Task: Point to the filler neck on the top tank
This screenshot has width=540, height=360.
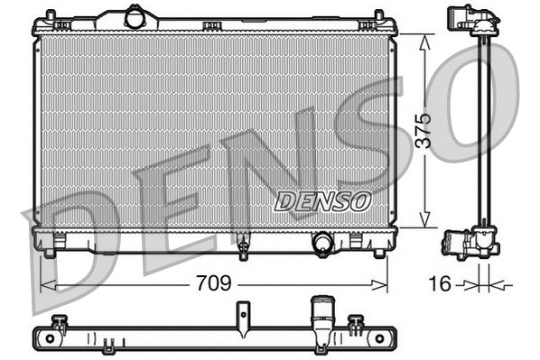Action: [135, 16]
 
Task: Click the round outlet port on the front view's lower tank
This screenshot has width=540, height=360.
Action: [321, 242]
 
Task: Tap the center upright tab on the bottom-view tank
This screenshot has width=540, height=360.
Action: [242, 315]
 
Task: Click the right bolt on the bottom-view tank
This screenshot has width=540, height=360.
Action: [358, 321]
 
